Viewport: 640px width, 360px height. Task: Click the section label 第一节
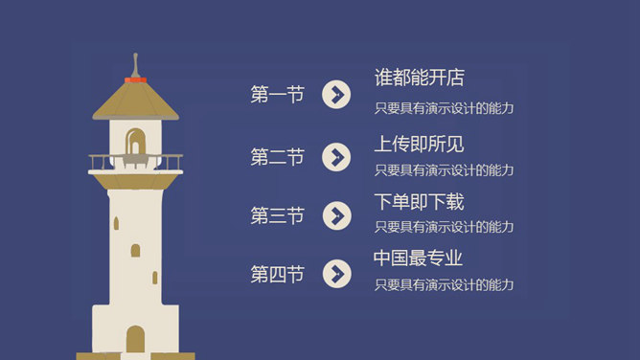point(277,94)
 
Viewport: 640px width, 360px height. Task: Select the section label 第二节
point(277,157)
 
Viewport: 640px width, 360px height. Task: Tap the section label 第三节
point(277,215)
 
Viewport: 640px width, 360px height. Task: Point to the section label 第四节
point(277,275)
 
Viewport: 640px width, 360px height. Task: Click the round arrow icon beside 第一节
point(336,94)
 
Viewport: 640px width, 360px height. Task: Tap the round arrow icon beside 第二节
point(336,157)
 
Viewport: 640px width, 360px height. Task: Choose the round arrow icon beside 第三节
point(336,215)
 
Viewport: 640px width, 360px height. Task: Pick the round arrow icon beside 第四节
point(336,275)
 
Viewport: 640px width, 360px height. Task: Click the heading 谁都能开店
point(419,78)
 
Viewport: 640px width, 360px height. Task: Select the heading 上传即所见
point(419,145)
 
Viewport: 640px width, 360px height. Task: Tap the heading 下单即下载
point(419,202)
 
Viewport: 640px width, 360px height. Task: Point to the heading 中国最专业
point(418,259)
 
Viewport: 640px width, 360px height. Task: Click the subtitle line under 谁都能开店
point(444,108)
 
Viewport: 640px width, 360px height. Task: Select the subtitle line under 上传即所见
point(444,170)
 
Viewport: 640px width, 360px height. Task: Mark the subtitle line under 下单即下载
point(444,227)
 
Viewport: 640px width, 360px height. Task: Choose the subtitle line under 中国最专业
point(444,284)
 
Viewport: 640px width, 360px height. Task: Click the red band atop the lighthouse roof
point(135,79)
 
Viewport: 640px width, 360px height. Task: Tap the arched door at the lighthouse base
point(135,339)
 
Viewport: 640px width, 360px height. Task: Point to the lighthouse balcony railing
point(135,162)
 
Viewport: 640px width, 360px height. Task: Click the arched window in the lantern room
point(135,142)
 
